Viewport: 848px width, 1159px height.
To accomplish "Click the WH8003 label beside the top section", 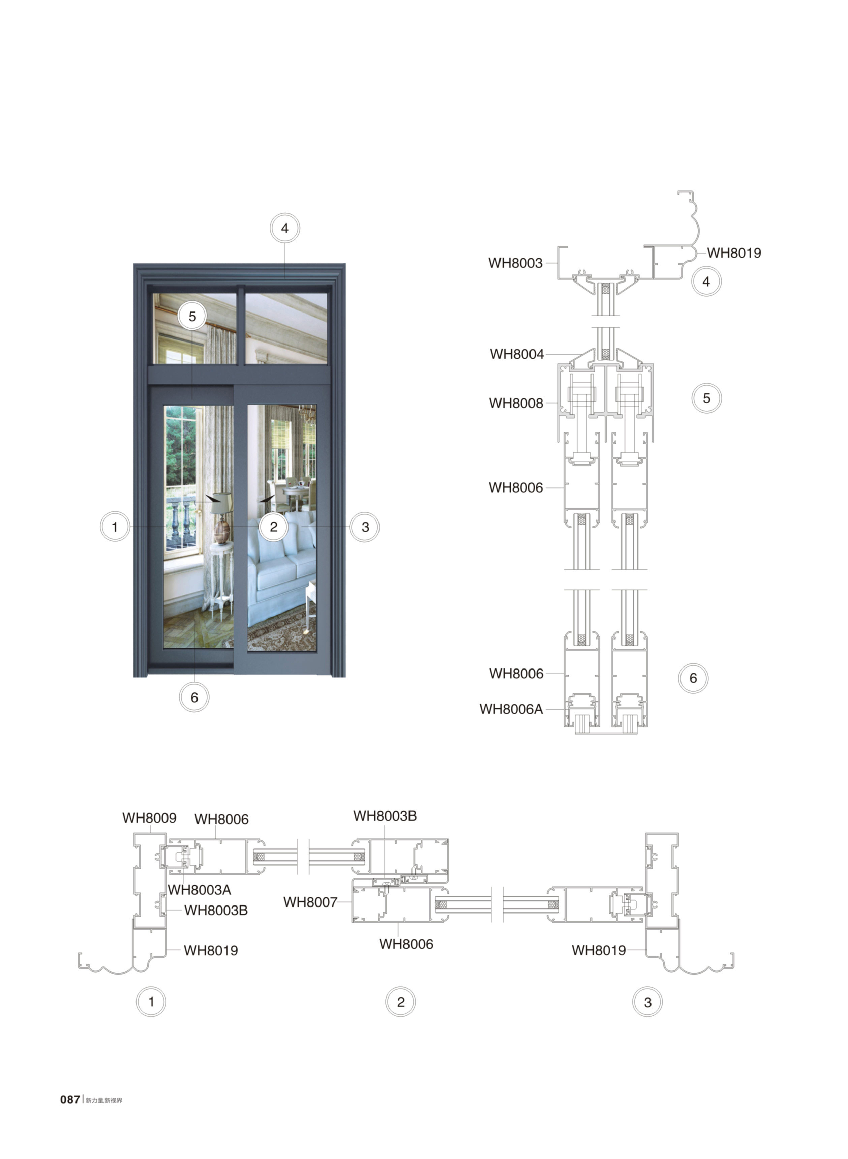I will (515, 263).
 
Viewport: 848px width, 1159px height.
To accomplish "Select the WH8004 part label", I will (516, 354).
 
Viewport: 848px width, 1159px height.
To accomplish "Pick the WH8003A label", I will (199, 890).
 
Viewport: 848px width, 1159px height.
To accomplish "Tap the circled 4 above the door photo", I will (285, 228).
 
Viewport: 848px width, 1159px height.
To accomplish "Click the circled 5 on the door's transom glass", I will (192, 316).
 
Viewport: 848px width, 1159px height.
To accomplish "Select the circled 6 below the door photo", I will (194, 697).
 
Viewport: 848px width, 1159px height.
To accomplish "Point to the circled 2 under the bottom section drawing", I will (400, 1002).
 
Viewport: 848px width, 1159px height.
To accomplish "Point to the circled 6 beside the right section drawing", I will (693, 678).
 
